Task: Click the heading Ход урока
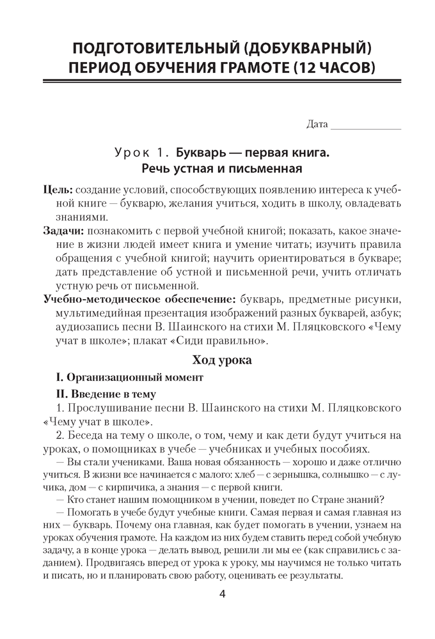[x=217, y=360]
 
